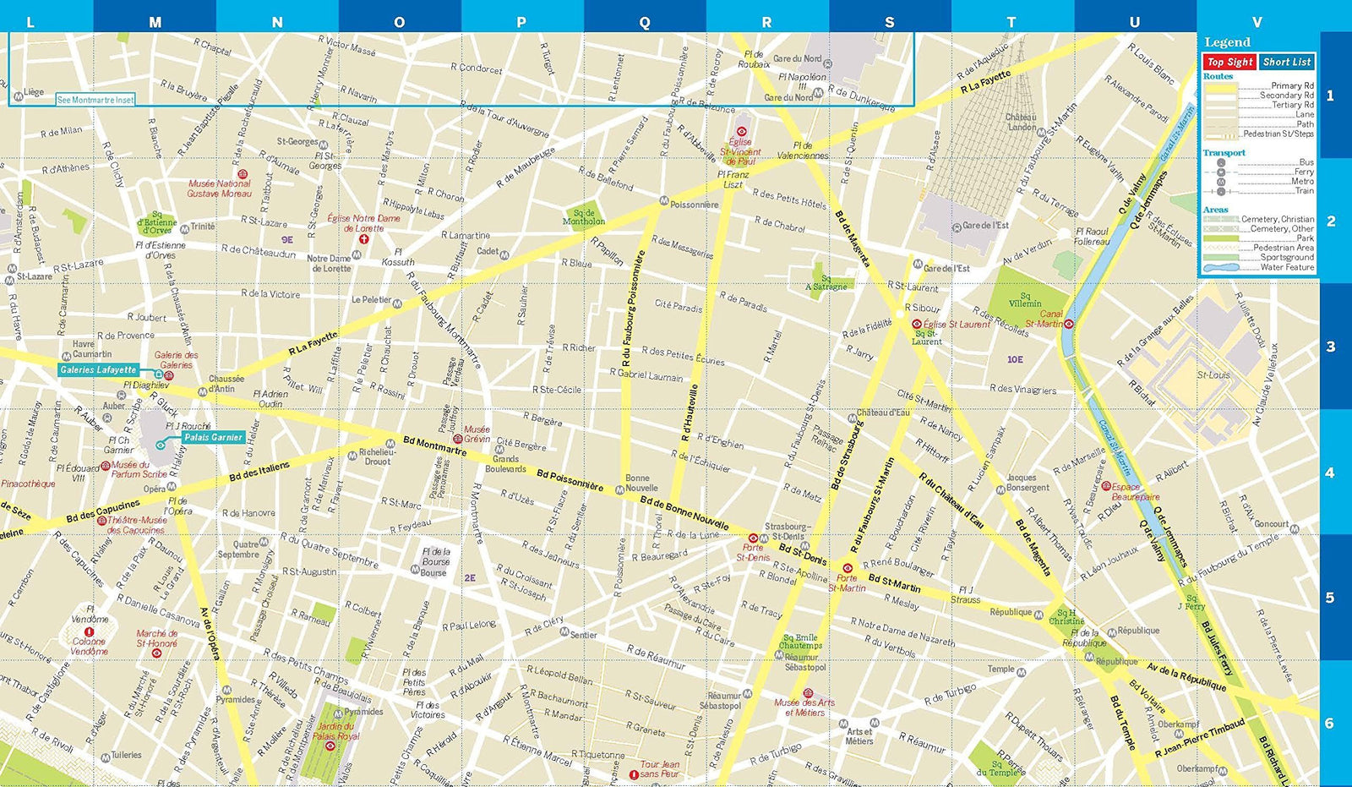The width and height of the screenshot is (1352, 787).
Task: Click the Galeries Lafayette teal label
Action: [x=98, y=369]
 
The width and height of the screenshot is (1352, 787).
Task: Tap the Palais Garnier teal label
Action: [x=213, y=437]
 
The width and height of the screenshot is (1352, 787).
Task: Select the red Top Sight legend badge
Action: [x=1229, y=62]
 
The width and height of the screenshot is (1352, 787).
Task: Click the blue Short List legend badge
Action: [x=1286, y=62]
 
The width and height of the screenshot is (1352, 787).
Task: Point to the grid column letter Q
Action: [x=645, y=22]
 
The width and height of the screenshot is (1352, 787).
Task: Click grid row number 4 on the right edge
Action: [x=1329, y=473]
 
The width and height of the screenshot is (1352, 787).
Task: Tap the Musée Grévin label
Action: [x=477, y=434]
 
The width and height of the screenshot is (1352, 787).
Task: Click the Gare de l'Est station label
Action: [x=985, y=226]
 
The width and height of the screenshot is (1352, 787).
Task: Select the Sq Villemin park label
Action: [x=1025, y=300]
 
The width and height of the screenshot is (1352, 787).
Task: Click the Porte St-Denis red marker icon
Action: [x=753, y=538]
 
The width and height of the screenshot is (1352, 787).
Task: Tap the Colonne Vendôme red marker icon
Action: [x=90, y=632]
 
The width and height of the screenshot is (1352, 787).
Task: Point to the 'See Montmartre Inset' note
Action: [x=95, y=100]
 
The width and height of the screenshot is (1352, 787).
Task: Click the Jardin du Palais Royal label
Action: [x=335, y=731]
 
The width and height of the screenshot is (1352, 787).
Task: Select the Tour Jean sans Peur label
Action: [x=659, y=768]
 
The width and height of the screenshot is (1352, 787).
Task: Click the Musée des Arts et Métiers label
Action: [x=804, y=708]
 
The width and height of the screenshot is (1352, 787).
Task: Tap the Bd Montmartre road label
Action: [x=434, y=445]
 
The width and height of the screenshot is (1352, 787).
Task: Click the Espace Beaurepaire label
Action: [x=1137, y=492]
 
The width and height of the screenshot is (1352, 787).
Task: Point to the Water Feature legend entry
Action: [x=1287, y=267]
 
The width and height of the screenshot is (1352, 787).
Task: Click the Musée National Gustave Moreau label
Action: [x=219, y=188]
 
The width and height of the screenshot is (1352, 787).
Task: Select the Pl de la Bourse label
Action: [x=436, y=556]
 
